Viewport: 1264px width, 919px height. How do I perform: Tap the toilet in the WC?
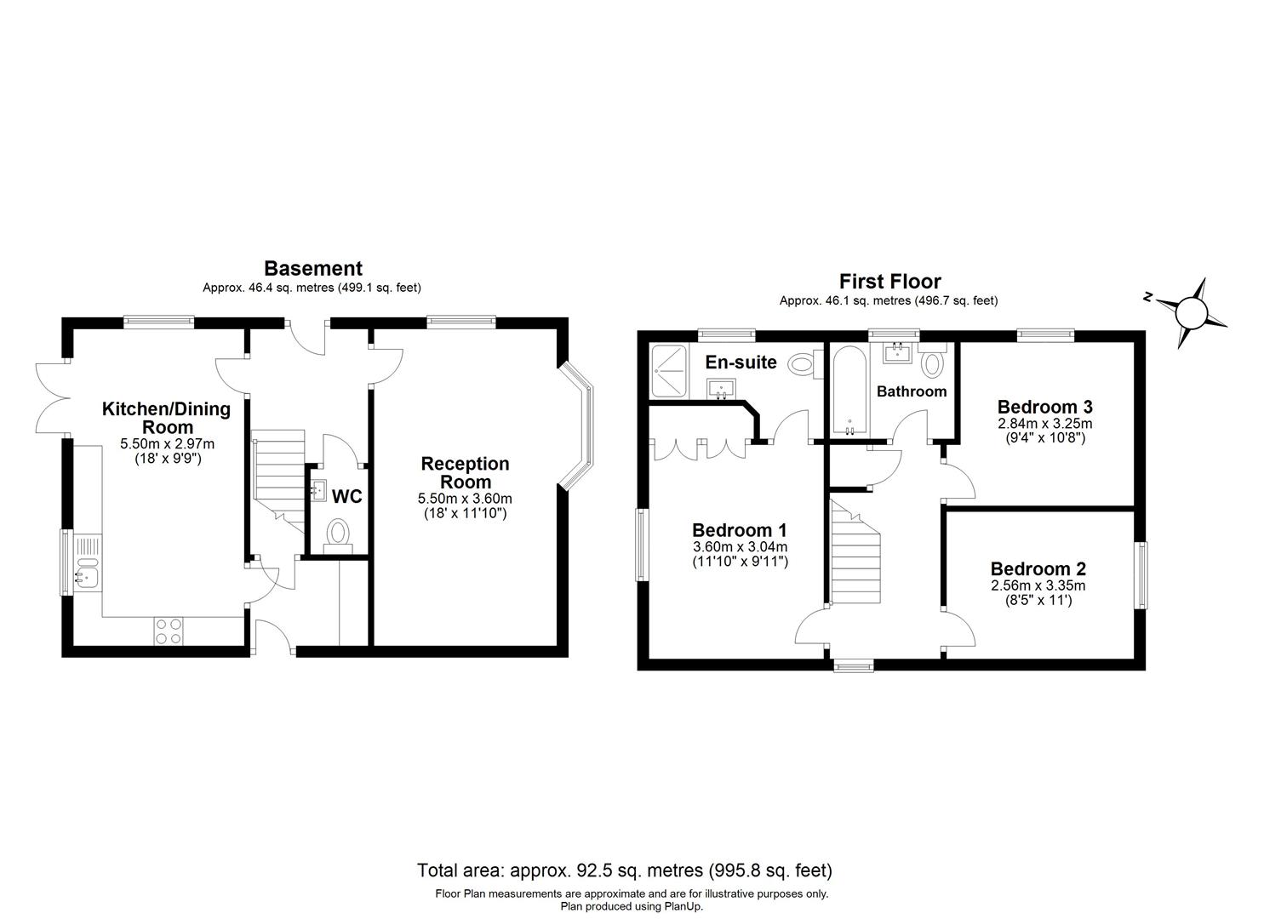(x=338, y=534)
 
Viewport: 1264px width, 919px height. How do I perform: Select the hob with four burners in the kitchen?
(x=169, y=630)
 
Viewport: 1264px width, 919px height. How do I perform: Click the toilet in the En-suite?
(x=801, y=364)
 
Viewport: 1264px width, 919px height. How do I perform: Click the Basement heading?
(x=312, y=269)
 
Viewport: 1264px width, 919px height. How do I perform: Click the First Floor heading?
(x=889, y=282)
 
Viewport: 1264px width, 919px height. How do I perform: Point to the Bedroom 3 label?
(x=1044, y=407)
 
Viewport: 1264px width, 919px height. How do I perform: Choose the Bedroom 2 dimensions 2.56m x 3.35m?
(x=1038, y=585)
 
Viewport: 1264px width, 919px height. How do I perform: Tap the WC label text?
(x=346, y=497)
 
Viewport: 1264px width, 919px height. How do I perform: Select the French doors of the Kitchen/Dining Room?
(x=51, y=398)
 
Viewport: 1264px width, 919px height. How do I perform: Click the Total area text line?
(x=624, y=870)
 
